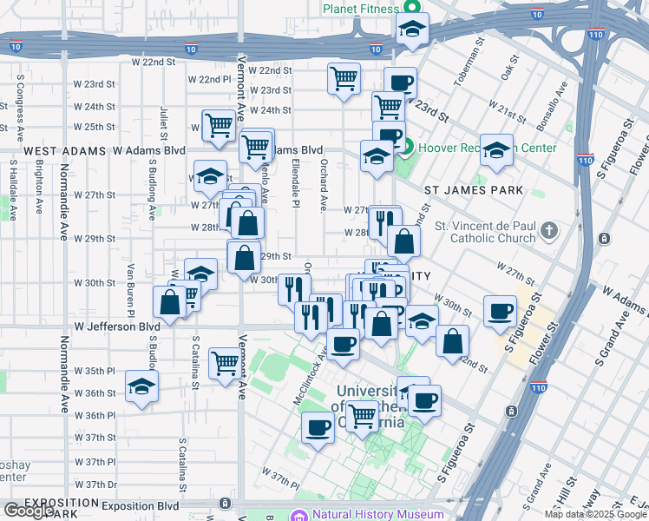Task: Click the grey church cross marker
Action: pos(548,232)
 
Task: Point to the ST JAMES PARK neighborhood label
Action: pos(473,189)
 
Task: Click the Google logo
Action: pos(29,511)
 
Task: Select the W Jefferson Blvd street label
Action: pos(117,327)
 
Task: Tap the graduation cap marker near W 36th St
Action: pos(142,386)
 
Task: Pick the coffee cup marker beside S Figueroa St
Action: pos(499,311)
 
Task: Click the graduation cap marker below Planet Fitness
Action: pos(412,29)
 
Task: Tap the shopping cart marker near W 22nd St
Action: pos(344,77)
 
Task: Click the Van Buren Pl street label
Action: pos(131,280)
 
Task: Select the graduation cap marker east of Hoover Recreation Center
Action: pos(496,149)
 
